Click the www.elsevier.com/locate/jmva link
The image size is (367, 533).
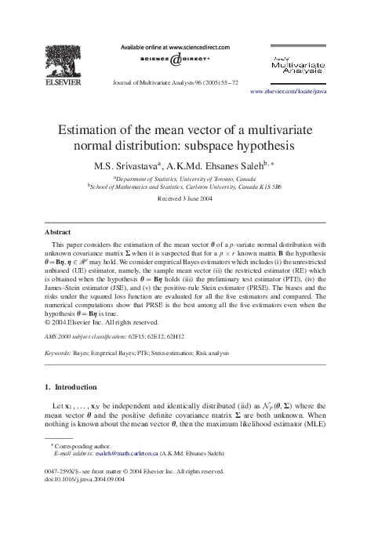pos(288,92)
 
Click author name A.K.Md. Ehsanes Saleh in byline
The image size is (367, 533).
pos(215,166)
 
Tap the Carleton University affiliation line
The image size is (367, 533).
pos(184,188)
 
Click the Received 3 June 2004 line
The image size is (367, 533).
pos(184,200)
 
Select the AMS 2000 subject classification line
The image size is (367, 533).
pos(114,335)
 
